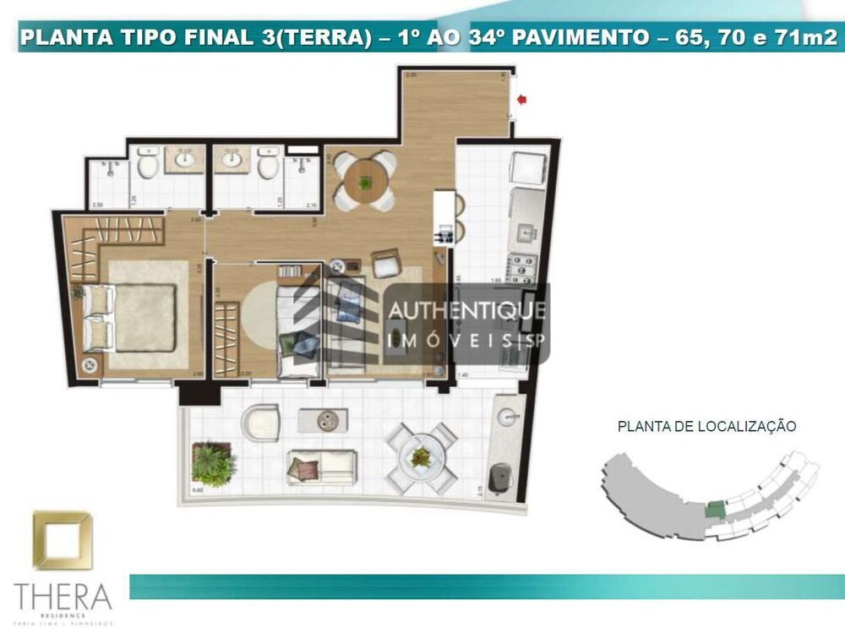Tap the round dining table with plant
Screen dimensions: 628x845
[365, 180]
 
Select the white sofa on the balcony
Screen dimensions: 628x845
[320, 466]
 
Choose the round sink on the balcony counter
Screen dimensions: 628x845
[507, 416]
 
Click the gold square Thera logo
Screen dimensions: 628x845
[62, 541]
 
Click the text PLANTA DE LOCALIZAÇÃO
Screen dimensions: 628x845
[706, 427]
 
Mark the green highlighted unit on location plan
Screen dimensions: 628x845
[715, 511]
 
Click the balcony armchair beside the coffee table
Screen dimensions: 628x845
[260, 420]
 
